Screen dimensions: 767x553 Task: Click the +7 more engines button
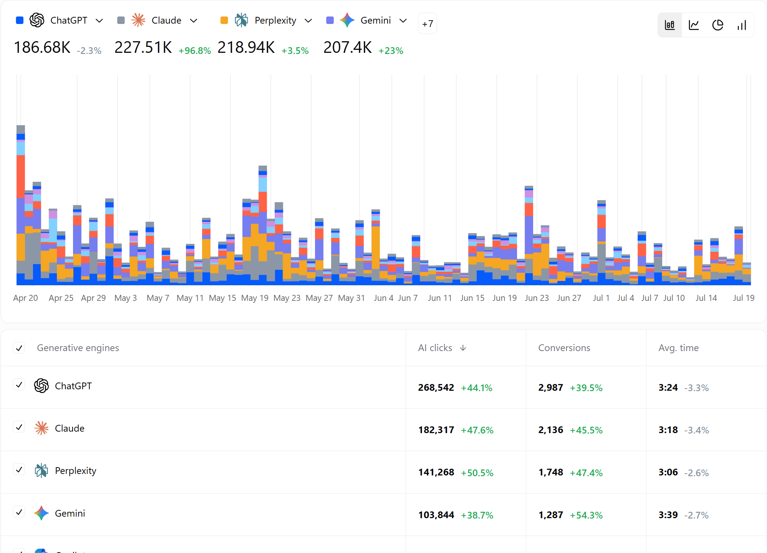(427, 24)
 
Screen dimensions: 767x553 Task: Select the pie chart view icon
(718, 25)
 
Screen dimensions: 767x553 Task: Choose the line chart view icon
(694, 25)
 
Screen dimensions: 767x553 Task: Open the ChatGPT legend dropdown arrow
(99, 21)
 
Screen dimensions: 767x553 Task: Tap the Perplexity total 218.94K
(246, 48)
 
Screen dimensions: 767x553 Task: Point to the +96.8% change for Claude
(195, 51)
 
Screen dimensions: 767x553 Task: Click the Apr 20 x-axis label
(25, 298)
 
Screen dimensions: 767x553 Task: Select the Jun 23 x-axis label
(537, 298)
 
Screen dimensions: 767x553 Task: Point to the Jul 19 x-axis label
(744, 298)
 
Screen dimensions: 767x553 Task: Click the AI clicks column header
(435, 348)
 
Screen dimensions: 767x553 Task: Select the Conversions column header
(564, 348)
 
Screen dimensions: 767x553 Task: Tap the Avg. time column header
(678, 348)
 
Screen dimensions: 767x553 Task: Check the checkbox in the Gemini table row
(19, 512)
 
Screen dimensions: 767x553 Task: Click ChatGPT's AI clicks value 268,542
(436, 387)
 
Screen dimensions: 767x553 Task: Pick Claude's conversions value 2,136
(550, 430)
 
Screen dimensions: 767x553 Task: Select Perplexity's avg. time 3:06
(668, 472)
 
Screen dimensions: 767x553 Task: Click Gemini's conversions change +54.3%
(586, 515)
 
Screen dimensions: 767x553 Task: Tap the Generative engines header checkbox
(19, 348)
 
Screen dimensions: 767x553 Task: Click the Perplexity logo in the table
(41, 471)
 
